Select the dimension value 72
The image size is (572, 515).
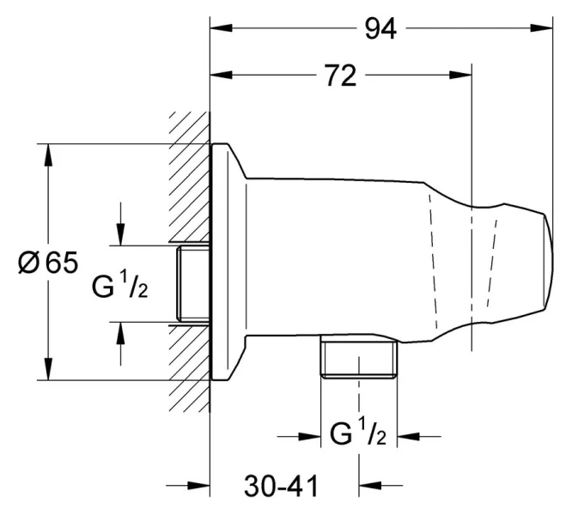pyautogui.click(x=340, y=76)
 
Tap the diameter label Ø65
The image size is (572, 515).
pyautogui.click(x=49, y=263)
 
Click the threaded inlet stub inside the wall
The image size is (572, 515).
pyautogui.click(x=192, y=284)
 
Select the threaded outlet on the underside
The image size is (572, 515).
pyautogui.click(x=358, y=358)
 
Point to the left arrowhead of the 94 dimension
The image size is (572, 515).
pyautogui.click(x=221, y=28)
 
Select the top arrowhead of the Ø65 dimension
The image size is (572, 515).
pyautogui.click(x=49, y=154)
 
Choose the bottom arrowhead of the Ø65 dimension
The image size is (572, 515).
pyautogui.click(x=49, y=370)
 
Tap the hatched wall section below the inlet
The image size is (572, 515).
pyautogui.click(x=190, y=369)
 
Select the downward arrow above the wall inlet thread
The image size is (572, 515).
pyautogui.click(x=121, y=233)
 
